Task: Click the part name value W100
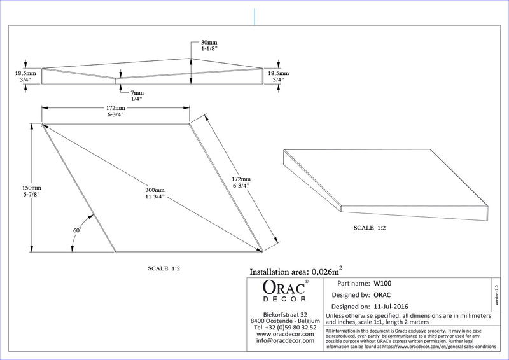[382, 283]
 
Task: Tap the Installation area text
[298, 270]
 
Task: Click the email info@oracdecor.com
[285, 340]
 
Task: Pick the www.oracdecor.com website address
[285, 334]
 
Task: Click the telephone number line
[285, 327]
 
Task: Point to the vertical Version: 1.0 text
[496, 294]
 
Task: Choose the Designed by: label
[351, 295]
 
